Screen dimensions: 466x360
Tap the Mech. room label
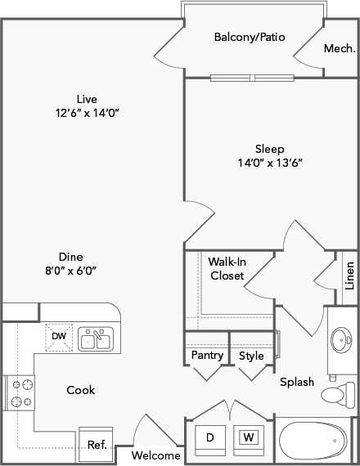(x=339, y=49)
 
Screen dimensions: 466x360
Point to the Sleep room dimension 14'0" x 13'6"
(x=269, y=162)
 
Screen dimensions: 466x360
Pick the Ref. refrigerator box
(x=97, y=445)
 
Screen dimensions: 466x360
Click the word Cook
(x=80, y=390)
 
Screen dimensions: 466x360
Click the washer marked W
(x=248, y=438)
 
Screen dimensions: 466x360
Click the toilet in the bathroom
(x=335, y=396)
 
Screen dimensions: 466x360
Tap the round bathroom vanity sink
(x=341, y=338)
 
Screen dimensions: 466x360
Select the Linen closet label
(x=349, y=276)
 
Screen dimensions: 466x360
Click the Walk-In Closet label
(x=227, y=269)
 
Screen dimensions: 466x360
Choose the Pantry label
(x=207, y=356)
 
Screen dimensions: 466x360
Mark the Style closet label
(x=251, y=356)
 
